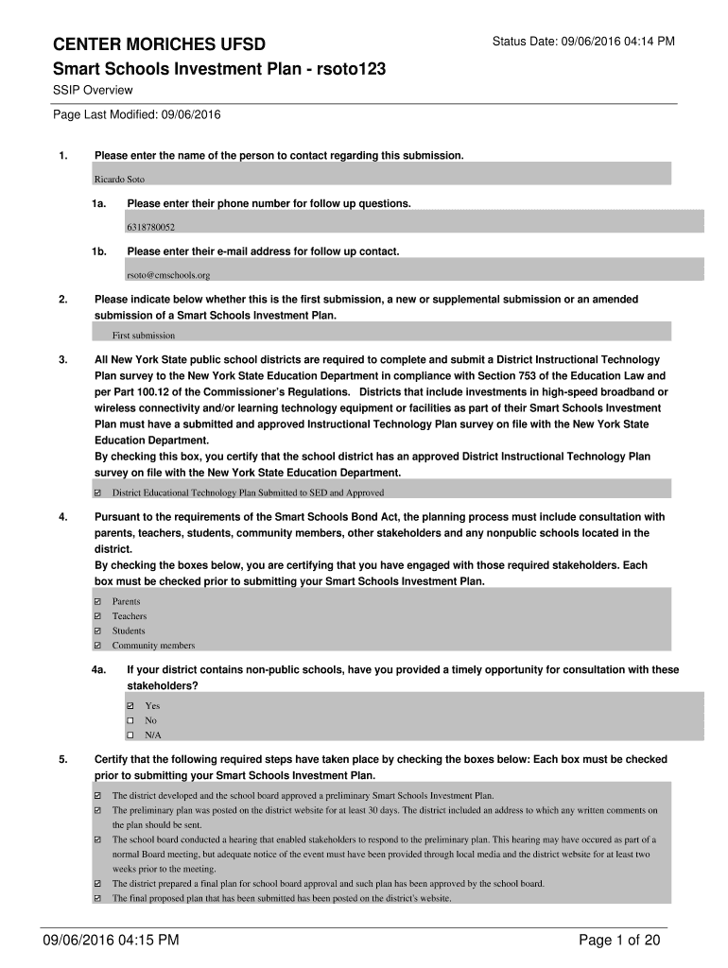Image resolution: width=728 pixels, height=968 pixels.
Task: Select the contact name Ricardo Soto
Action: (x=119, y=179)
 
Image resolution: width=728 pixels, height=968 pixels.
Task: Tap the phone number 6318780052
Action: (x=150, y=227)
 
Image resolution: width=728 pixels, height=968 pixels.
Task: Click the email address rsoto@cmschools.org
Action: (x=167, y=275)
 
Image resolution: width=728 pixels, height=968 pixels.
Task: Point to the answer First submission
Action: (x=144, y=335)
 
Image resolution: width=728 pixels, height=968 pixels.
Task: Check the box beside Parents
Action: (x=98, y=601)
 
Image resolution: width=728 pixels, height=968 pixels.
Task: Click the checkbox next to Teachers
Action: (x=98, y=616)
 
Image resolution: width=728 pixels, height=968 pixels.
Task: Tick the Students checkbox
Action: (x=98, y=631)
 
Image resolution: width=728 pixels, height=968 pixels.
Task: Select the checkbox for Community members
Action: (x=98, y=646)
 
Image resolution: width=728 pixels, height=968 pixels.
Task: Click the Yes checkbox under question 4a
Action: (x=130, y=705)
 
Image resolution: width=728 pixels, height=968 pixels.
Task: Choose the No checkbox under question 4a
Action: (x=130, y=720)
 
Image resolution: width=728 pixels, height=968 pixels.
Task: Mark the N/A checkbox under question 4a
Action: (x=130, y=735)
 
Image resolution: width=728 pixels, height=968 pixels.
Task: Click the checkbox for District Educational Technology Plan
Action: (x=98, y=493)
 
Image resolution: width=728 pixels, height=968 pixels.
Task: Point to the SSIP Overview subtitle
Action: (x=92, y=90)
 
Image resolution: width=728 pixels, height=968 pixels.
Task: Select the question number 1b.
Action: (x=98, y=251)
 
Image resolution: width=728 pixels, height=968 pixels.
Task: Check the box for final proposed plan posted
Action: (x=98, y=899)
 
